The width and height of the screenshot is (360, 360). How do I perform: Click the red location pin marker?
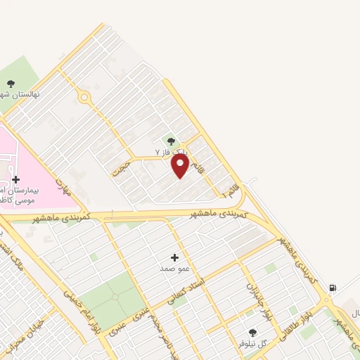180,165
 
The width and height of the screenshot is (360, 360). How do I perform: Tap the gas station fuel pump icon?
332,288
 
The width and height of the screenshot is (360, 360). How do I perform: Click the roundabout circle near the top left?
84,97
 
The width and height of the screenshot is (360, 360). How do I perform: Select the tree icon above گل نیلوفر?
252,332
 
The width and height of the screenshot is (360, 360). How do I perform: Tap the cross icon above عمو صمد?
174,258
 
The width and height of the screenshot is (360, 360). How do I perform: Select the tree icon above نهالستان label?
12,83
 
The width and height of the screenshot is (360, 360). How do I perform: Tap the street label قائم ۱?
231,189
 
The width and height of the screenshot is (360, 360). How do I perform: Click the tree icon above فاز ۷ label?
171,142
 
